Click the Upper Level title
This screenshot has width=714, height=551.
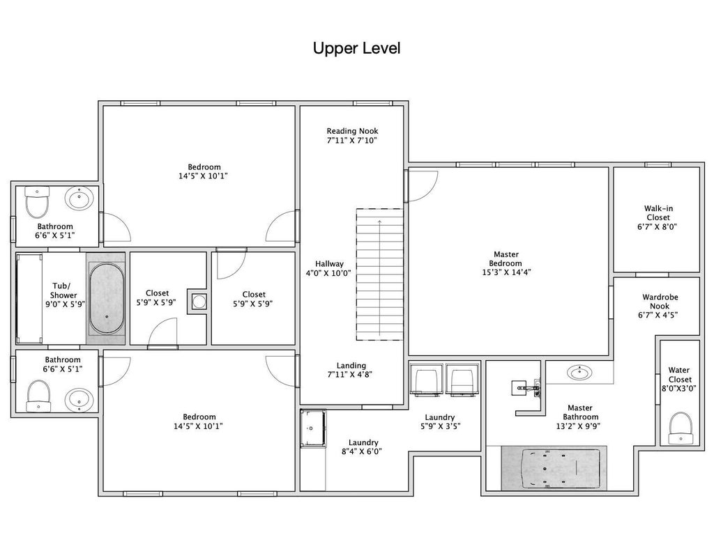pos(356,48)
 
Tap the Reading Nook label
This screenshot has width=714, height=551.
pos(352,131)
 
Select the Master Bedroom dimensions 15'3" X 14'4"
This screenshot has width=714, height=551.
pos(506,272)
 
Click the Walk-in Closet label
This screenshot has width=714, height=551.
pos(658,213)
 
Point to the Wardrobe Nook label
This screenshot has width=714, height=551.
pos(660,302)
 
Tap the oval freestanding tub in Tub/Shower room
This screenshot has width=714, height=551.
pos(107,298)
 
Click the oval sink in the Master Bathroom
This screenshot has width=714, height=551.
pos(579,373)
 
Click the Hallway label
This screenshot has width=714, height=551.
pos(329,264)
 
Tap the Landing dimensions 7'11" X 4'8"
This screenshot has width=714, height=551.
pos(351,375)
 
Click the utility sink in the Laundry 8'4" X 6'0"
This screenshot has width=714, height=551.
pos(313,428)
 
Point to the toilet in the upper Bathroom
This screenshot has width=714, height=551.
pos(37,201)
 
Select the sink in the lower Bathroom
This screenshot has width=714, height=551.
pos(79,400)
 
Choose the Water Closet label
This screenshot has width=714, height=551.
pos(680,375)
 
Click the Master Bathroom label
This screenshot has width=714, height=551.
pos(580,412)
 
